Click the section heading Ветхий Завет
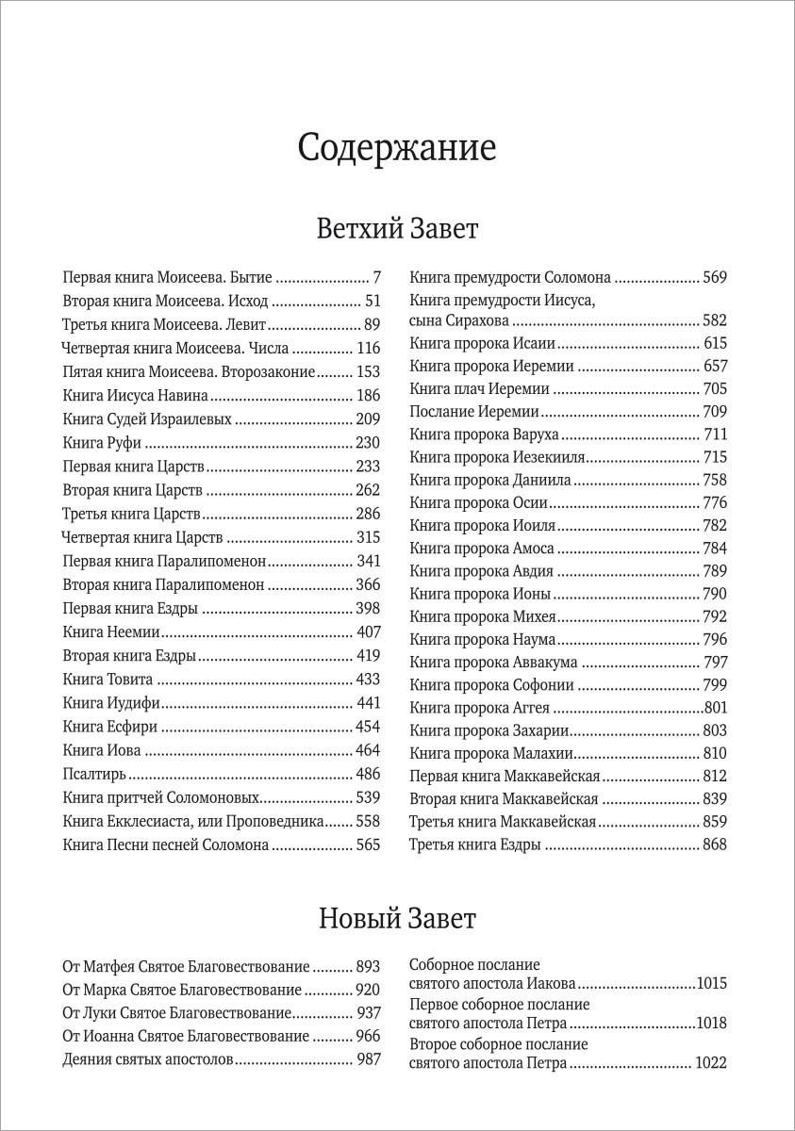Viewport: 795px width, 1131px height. coord(397,229)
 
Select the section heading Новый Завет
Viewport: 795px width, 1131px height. coord(397,917)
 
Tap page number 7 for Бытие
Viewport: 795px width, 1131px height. coord(376,278)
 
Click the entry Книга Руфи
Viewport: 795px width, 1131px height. coord(103,442)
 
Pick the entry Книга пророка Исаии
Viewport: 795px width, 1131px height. coord(482,343)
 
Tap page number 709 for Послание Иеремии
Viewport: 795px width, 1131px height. coord(715,411)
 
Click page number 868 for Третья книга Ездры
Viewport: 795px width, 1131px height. coord(715,844)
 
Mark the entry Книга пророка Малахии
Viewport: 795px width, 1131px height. coord(491,753)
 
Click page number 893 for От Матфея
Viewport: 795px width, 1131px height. coord(368,967)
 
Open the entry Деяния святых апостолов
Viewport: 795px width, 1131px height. coord(146,1059)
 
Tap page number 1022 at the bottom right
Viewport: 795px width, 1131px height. coord(710,1063)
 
